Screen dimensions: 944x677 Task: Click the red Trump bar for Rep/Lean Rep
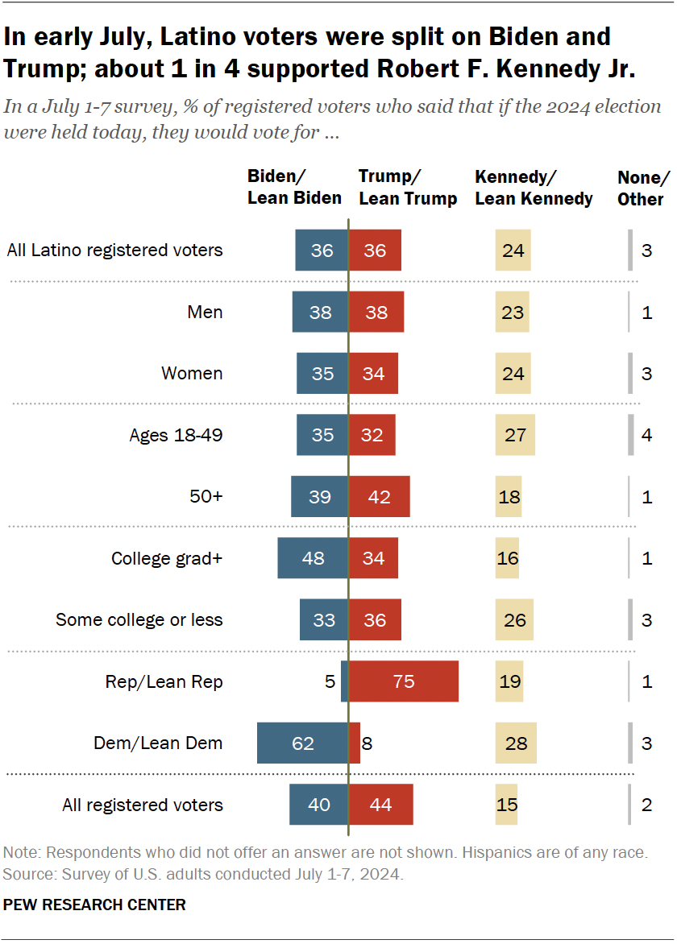[x=403, y=681]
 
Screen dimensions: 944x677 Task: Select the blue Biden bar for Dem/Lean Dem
[x=302, y=743]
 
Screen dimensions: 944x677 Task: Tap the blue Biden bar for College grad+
[x=313, y=558]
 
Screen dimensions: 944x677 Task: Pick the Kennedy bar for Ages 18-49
[x=515, y=435]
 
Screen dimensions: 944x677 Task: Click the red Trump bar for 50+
[x=379, y=496]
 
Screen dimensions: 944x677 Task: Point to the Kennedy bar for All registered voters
[x=506, y=805]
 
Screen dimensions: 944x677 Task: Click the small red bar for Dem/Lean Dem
[x=355, y=743]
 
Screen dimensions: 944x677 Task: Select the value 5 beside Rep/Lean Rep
[x=329, y=681]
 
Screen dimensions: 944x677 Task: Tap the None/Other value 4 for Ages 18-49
[x=647, y=435]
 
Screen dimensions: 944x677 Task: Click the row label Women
[x=192, y=374]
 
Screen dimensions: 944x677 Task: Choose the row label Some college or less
[x=139, y=620]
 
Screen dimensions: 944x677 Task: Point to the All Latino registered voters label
[x=114, y=250]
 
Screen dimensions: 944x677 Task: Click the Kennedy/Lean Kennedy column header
[x=534, y=188]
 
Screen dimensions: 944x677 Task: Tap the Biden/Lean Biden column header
[x=294, y=188]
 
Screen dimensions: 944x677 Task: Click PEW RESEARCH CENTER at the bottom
[x=94, y=905]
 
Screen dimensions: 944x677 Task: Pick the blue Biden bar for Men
[x=320, y=312]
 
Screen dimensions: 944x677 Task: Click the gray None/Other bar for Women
[x=630, y=374]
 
